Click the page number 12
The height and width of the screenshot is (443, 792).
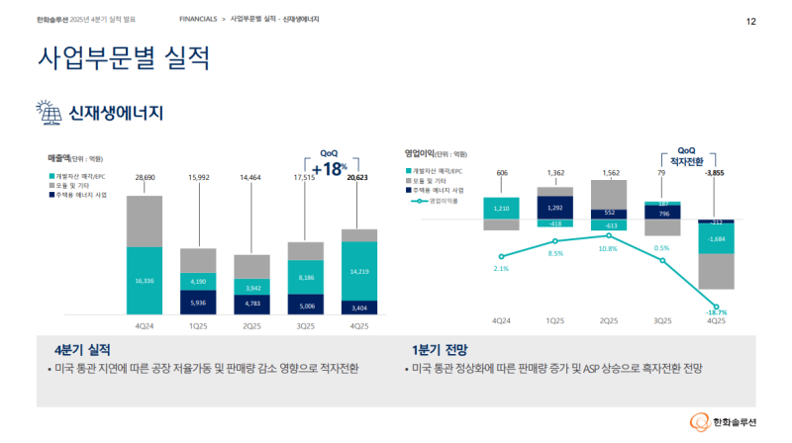tap(751, 21)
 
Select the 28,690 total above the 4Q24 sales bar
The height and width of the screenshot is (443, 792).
tap(145, 177)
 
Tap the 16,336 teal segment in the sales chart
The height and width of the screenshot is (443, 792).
tap(145, 281)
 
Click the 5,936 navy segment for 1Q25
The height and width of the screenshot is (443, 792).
tap(198, 303)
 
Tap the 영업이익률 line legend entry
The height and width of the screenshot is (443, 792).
tap(441, 201)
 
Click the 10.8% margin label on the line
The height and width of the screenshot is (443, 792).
tap(608, 248)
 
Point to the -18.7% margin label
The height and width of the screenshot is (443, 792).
tap(715, 312)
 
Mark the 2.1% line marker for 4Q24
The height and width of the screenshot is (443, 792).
tap(502, 254)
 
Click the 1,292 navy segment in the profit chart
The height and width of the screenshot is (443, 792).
tap(555, 208)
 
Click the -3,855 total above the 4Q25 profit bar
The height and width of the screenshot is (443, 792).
tap(715, 173)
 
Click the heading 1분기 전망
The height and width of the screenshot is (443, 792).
tap(440, 350)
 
